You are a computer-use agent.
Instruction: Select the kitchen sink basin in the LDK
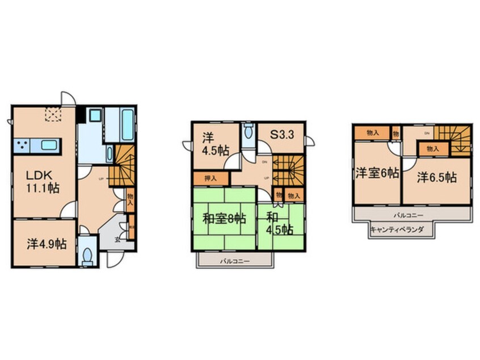(x=49, y=144)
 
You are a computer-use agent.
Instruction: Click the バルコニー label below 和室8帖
(x=235, y=260)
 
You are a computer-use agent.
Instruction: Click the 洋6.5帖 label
(x=437, y=178)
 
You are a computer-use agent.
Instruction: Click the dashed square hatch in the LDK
(x=53, y=115)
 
